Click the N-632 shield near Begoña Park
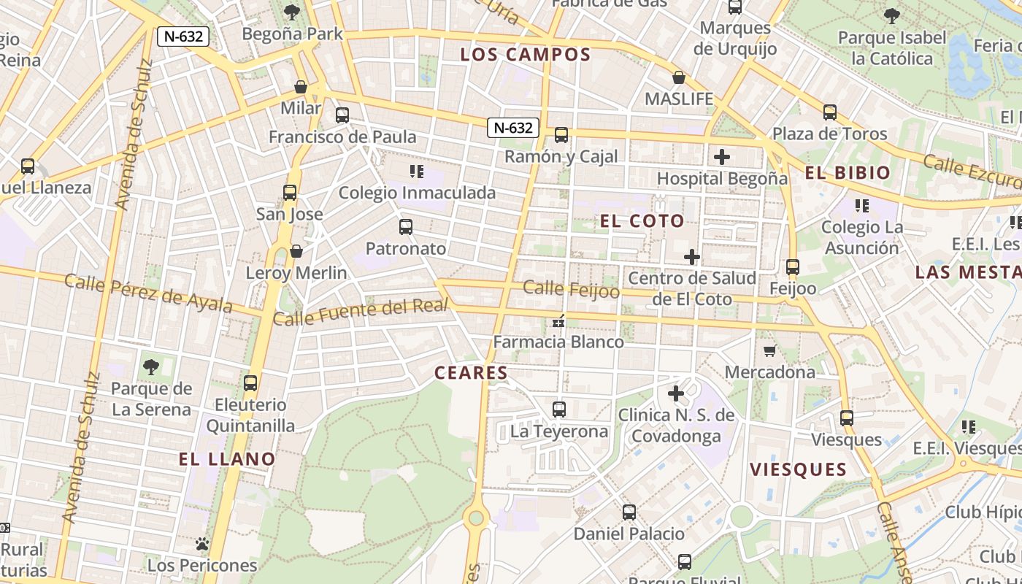pos(183,36)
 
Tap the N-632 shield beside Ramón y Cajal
pos(513,128)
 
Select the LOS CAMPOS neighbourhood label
pos(526,55)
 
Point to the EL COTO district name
pos(642,221)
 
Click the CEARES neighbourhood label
pos(471,373)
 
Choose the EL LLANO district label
pos(227,459)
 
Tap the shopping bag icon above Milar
pos(301,88)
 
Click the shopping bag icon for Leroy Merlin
pos(296,252)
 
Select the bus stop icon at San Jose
pos(290,193)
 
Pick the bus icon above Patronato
pos(406,227)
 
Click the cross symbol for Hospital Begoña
pos(722,157)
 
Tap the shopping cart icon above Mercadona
pos(769,351)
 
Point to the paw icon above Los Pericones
pos(202,544)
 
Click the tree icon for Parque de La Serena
pos(151,366)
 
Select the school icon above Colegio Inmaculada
pos(417,172)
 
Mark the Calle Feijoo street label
pos(572,290)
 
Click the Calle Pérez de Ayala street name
pos(148,293)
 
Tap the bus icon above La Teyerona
pos(559,410)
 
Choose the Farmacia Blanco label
pos(558,342)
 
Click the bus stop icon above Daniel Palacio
pos(629,512)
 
